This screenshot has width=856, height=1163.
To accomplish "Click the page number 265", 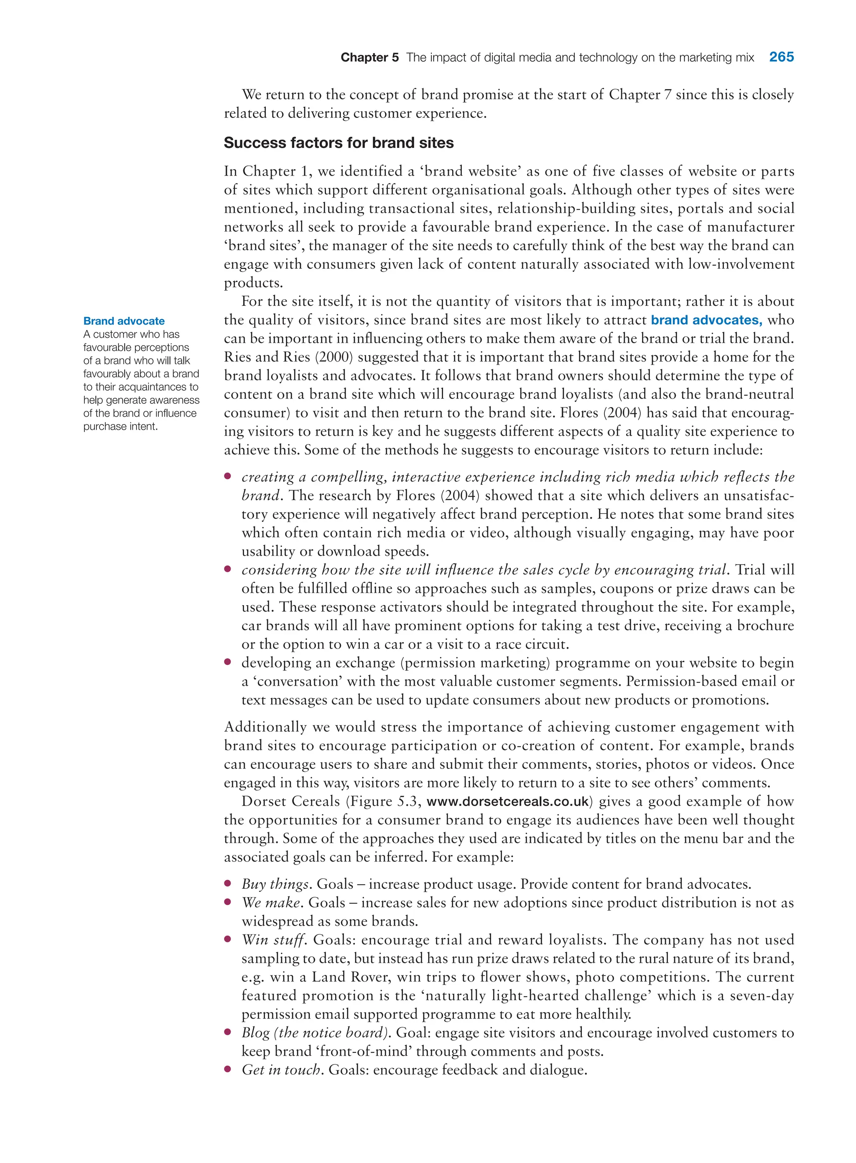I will (781, 57).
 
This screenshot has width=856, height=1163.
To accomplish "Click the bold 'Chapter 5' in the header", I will (369, 58).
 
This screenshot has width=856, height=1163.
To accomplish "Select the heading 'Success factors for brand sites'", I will (339, 143).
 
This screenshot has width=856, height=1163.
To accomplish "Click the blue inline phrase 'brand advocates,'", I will (706, 320).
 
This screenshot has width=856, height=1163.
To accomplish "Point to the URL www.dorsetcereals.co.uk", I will (507, 802).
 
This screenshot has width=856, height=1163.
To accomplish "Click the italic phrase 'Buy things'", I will (275, 884).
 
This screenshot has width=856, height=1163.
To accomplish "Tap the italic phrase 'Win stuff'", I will (274, 940).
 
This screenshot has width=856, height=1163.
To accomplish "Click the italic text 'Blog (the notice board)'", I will (315, 1033).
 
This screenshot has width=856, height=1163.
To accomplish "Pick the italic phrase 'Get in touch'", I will (281, 1070).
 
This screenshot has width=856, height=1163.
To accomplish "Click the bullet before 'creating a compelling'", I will (227, 476).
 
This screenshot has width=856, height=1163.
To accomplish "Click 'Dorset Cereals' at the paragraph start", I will (290, 802).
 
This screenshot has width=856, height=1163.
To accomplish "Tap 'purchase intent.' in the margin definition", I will (120, 426).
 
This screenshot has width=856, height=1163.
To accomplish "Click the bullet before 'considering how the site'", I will (227, 569).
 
